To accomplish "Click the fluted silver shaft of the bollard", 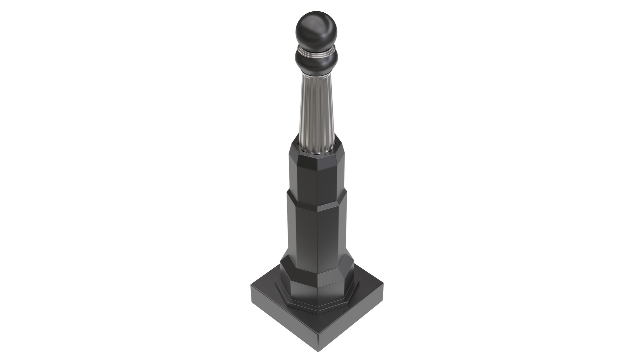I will (316, 107).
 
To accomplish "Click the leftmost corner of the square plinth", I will (251, 286).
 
